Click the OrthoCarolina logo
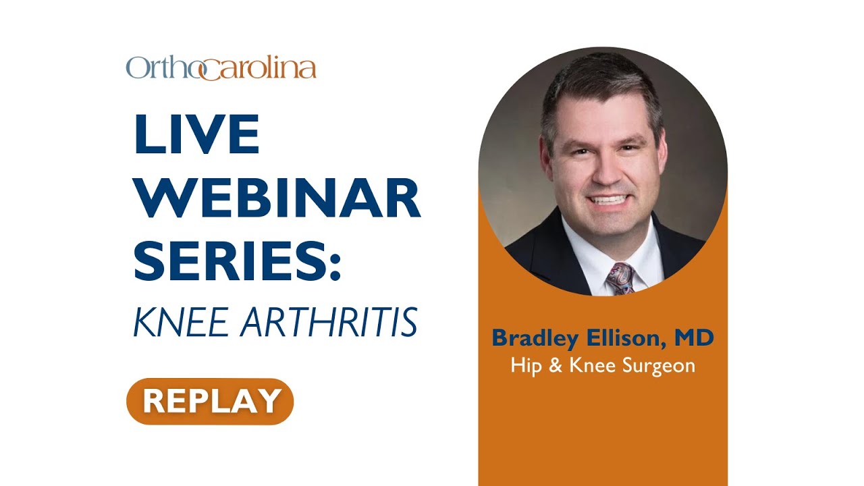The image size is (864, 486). pos(221,68)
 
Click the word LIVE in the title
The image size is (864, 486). pos(197,135)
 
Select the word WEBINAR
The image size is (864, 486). pos(277,198)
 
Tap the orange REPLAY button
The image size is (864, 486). pos(210,401)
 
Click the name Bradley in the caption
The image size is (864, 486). pos(534,337)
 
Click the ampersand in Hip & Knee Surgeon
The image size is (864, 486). pos(551,366)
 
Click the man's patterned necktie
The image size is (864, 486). pos(619,278)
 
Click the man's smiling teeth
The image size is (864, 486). pos(609,200)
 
